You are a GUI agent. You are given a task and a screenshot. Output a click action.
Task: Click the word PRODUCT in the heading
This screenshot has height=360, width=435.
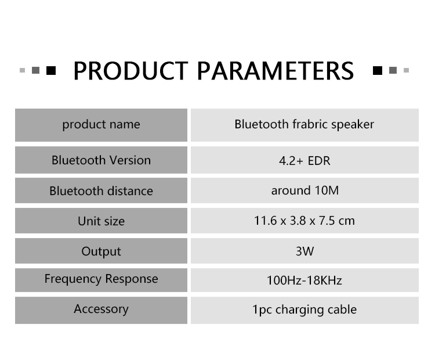(130, 71)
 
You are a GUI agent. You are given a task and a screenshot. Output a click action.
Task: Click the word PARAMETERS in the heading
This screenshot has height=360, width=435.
(275, 71)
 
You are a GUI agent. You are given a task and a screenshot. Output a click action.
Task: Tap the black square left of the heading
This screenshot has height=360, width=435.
(51, 71)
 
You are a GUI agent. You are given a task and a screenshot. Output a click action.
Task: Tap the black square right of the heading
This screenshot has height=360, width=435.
(378, 71)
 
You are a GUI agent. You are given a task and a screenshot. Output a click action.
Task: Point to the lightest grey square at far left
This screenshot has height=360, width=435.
(23, 71)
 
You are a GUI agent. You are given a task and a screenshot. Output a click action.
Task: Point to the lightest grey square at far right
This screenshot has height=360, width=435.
(406, 70)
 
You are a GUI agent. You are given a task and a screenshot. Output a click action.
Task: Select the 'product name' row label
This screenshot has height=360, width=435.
(101, 124)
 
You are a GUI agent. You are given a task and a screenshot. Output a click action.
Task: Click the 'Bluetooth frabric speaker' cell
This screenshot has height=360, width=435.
(304, 124)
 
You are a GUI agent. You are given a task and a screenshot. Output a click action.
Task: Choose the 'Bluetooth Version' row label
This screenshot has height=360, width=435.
(101, 160)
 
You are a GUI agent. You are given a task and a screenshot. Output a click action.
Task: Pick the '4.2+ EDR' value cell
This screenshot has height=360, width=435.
(304, 161)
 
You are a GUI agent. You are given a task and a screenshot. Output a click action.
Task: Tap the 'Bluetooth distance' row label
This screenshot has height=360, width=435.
(101, 191)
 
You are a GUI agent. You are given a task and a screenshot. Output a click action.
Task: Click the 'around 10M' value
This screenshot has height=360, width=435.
(305, 190)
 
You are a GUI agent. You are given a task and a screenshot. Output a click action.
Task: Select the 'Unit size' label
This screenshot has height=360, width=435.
(101, 221)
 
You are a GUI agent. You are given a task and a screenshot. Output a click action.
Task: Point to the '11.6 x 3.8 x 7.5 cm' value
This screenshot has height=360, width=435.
(304, 221)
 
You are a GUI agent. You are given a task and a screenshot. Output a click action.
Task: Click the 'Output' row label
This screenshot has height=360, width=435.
(101, 251)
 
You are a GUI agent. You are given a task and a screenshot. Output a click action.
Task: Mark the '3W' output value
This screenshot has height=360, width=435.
(304, 251)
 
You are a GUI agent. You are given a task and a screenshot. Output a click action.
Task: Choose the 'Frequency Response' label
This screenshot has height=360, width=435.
(101, 279)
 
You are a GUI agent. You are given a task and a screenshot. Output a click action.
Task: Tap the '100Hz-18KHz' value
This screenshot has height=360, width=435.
(304, 280)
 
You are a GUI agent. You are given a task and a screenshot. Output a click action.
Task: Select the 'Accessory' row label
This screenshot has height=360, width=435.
(101, 309)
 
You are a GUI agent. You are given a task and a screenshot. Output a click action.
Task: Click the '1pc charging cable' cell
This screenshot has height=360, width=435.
(304, 309)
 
